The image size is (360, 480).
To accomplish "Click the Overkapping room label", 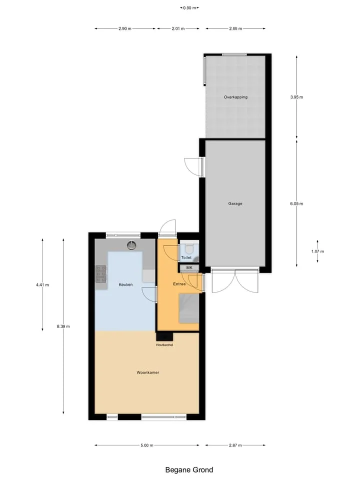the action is click(235, 97).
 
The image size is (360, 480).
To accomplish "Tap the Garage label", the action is click(235, 203).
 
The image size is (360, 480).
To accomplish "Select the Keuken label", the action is click(126, 284).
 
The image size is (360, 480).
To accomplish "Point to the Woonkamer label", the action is click(148, 372).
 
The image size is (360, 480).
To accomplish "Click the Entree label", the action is click(179, 284).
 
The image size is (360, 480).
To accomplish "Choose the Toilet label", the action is click(186, 257).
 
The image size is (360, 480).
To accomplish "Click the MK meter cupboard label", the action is click(189, 267).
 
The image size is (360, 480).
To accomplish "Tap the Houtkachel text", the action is click(164, 344).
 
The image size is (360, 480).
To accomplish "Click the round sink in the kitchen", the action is click(132, 245).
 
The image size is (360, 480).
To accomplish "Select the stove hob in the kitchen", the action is click(100, 274).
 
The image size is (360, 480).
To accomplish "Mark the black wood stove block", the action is click(164, 336).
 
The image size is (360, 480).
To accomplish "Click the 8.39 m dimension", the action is click(63, 326).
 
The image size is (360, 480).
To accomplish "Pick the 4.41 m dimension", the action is click(42, 284).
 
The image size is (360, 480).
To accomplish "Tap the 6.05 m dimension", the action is click(296, 203).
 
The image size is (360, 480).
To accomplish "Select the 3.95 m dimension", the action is click(296, 97).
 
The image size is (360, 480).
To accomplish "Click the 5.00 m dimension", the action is click(147, 445).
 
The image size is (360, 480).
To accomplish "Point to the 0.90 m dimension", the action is click(189, 8).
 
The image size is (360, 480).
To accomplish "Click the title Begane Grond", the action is click(189, 469).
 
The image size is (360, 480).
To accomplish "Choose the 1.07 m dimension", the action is click(317, 251).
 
